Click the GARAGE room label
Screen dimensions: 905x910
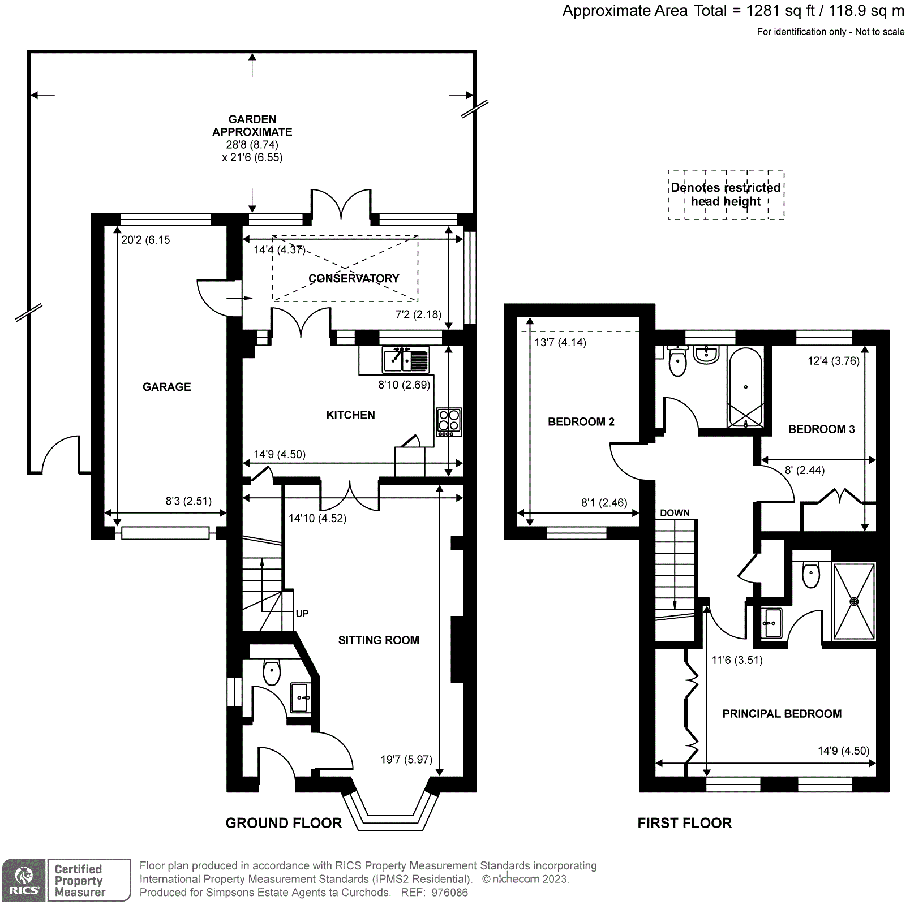[166, 387]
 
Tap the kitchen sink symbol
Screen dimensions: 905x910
[406, 360]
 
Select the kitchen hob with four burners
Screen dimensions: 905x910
[449, 422]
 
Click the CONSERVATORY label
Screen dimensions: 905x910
[354, 278]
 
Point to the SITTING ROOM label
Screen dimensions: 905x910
[379, 640]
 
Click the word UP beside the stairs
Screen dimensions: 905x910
[302, 614]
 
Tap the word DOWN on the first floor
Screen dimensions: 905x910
[675, 513]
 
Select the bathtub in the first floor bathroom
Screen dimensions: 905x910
[745, 387]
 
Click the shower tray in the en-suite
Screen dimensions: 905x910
[854, 601]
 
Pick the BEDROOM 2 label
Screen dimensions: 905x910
[581, 422]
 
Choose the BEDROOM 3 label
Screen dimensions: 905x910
[821, 429]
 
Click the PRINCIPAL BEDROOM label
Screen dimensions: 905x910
[782, 714]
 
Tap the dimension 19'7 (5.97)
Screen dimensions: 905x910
[406, 760]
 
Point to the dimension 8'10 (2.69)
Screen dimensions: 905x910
[404, 385]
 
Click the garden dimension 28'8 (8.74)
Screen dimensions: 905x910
[252, 145]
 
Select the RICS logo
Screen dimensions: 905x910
[24, 880]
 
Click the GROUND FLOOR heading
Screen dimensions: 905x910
[284, 823]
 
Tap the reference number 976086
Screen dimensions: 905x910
[449, 893]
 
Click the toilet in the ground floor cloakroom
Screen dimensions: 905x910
[272, 672]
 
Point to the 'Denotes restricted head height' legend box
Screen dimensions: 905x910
[726, 195]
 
